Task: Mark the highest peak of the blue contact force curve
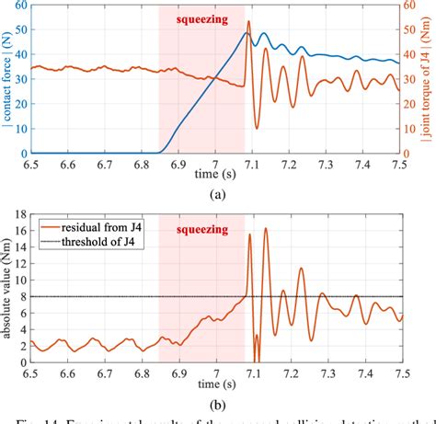click(247, 34)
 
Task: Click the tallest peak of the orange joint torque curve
click(248, 21)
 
